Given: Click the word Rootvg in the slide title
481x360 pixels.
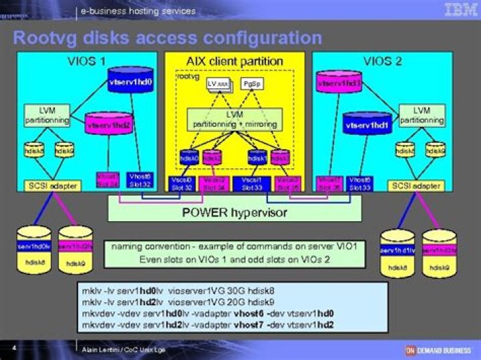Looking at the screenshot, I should pos(43,37).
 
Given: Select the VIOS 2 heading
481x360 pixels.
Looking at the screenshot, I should pos(383,61).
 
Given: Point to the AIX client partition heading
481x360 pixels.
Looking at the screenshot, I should pos(234,61).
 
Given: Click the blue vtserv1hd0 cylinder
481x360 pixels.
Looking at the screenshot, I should pos(130,83).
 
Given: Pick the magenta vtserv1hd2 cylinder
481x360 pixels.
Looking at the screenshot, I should pos(107,126).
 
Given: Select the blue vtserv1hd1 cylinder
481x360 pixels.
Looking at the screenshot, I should pos(366,126).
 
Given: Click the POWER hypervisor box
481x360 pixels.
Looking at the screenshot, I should pos(234,212).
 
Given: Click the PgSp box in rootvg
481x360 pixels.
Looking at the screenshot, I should pos(251,85).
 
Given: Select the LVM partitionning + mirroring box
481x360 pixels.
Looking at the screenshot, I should pos(234,119).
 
